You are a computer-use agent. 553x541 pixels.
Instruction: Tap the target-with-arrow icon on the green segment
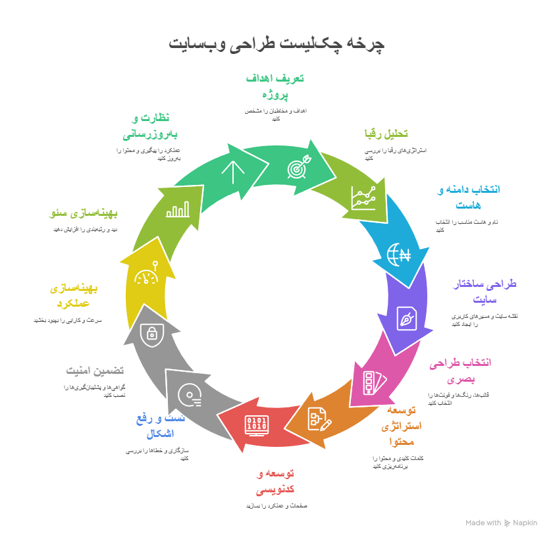[297, 168]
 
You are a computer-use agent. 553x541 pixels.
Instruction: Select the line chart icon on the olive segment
[363, 197]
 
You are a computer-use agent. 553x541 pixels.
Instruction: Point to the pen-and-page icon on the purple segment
[406, 318]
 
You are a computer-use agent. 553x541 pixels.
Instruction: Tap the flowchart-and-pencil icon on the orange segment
[319, 419]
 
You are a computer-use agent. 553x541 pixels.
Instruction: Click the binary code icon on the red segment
[257, 425]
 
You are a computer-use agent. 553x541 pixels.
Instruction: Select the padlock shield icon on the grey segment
[152, 333]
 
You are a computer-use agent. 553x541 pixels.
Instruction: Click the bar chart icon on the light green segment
[178, 209]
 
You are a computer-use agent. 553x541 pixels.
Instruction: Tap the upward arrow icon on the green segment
[232, 172]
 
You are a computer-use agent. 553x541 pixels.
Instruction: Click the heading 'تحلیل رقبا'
[386, 134]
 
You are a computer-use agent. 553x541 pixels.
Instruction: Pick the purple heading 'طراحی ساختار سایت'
[485, 292]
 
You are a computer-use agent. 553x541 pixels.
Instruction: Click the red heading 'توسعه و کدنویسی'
[275, 482]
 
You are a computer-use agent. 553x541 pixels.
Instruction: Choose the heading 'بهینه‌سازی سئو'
[84, 213]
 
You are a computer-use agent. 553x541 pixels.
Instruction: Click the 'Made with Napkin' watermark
[501, 523]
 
